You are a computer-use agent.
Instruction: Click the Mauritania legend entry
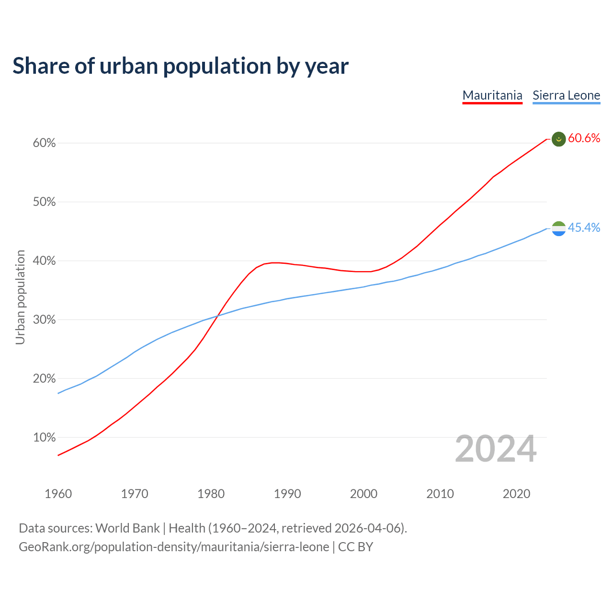492,95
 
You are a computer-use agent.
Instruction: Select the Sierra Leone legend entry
566,95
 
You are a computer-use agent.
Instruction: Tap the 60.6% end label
584,138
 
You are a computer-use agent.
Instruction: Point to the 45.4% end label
584,228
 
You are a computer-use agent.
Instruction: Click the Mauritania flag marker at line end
559,139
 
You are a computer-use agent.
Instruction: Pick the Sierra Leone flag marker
559,228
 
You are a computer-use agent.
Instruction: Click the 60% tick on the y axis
44,143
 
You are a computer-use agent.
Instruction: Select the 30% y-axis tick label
44,320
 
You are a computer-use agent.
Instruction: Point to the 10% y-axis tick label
44,438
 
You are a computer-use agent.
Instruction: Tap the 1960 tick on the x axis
58,494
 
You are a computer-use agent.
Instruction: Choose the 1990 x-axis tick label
287,494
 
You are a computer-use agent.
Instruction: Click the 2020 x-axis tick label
516,494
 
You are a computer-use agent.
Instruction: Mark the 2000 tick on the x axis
363,494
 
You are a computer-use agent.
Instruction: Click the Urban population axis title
20,297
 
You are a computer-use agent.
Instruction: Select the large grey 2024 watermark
496,449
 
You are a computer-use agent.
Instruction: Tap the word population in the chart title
216,67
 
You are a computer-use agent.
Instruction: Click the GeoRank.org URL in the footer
174,547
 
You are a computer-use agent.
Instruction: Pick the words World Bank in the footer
127,528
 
